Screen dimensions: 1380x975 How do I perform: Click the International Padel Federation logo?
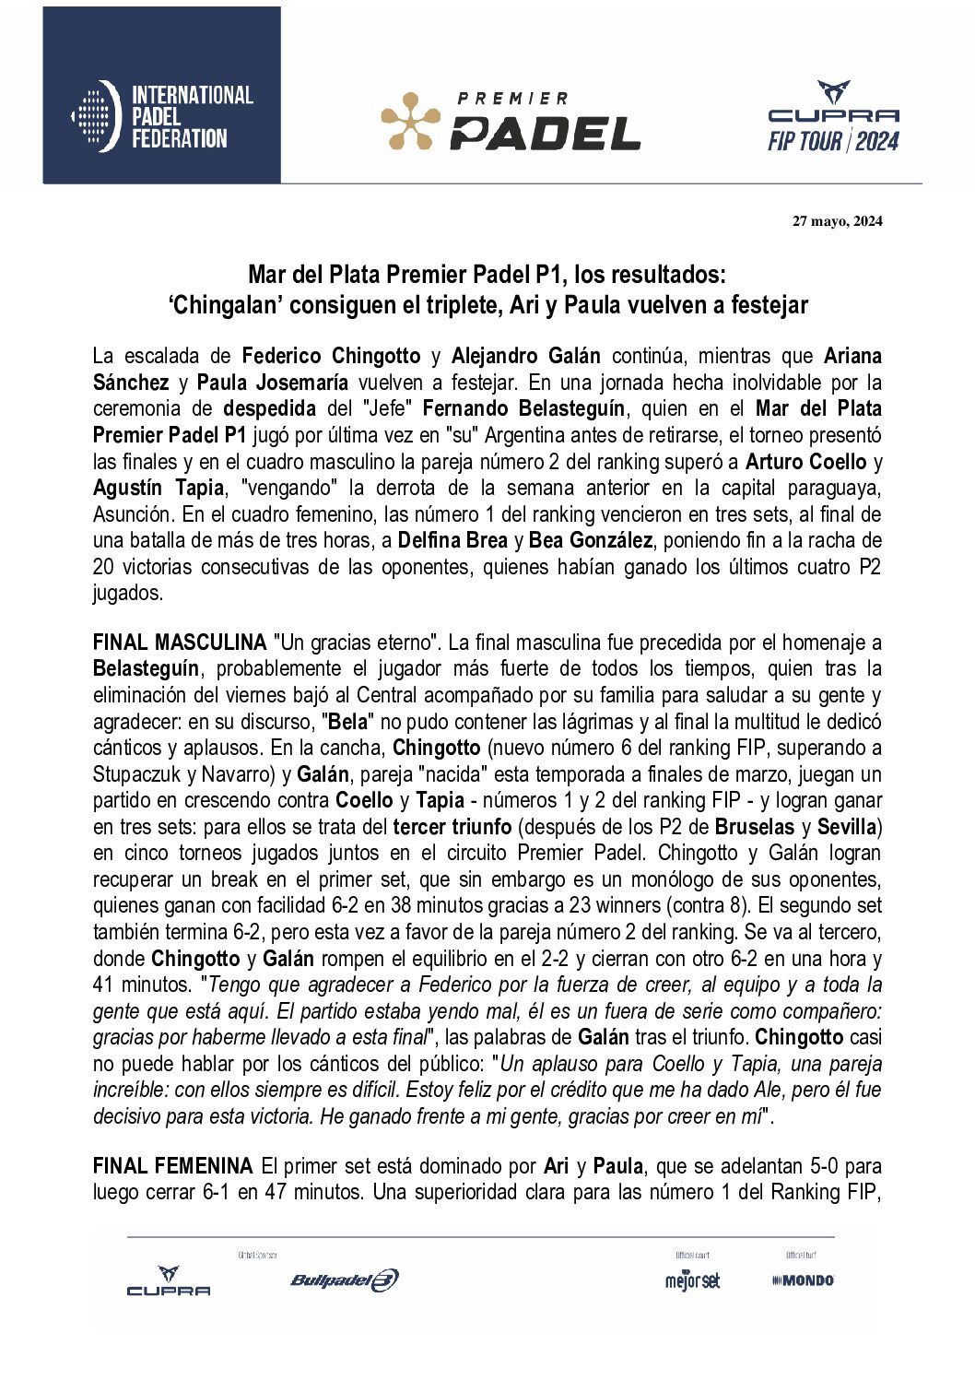(161, 116)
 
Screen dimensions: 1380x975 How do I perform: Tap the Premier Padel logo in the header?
(511, 121)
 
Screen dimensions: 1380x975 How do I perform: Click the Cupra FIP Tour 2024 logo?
(833, 117)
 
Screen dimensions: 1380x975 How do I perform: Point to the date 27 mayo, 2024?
(837, 221)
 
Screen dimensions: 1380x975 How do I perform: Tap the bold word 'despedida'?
(269, 408)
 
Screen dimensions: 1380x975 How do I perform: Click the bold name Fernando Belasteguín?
(523, 408)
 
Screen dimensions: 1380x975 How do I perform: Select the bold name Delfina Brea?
(452, 540)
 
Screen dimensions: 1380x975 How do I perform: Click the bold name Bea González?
(590, 540)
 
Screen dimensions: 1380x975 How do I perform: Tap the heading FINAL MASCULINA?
(180, 643)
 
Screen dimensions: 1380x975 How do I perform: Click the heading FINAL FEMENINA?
(173, 1166)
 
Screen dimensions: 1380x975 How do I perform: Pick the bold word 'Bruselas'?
(755, 826)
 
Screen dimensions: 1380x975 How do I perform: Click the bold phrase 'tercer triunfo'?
(452, 826)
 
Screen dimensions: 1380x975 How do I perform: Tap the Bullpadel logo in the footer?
(344, 1280)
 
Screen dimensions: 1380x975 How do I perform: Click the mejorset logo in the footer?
(692, 1280)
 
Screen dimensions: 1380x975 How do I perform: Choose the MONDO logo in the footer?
(803, 1280)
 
